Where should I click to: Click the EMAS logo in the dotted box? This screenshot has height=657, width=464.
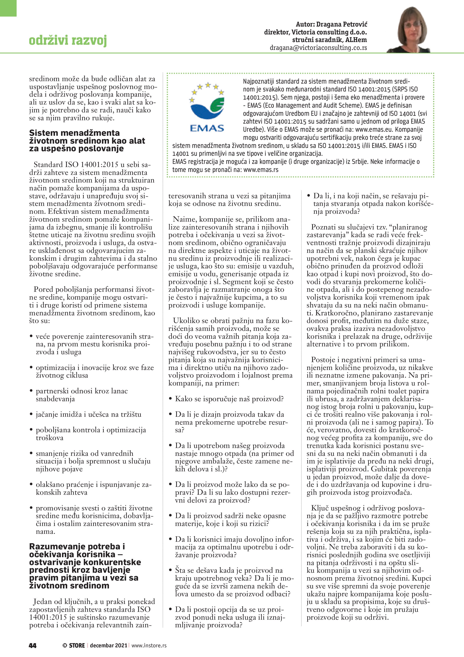tap(207, 107)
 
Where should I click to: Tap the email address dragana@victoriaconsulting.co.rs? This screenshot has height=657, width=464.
tap(318, 48)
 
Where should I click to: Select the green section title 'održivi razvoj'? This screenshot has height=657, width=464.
tap(68, 40)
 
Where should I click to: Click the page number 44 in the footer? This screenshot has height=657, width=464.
tap(33, 645)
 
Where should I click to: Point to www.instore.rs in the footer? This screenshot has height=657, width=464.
tap(149, 645)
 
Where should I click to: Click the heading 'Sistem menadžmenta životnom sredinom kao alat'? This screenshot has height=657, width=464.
tap(87, 140)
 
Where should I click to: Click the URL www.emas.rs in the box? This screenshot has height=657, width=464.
tap(261, 170)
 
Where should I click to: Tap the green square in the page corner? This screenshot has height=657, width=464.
tap(8, 8)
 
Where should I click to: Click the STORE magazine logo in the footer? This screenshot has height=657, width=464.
tap(74, 645)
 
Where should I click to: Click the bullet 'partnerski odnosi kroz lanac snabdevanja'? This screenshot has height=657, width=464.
tap(81, 395)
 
